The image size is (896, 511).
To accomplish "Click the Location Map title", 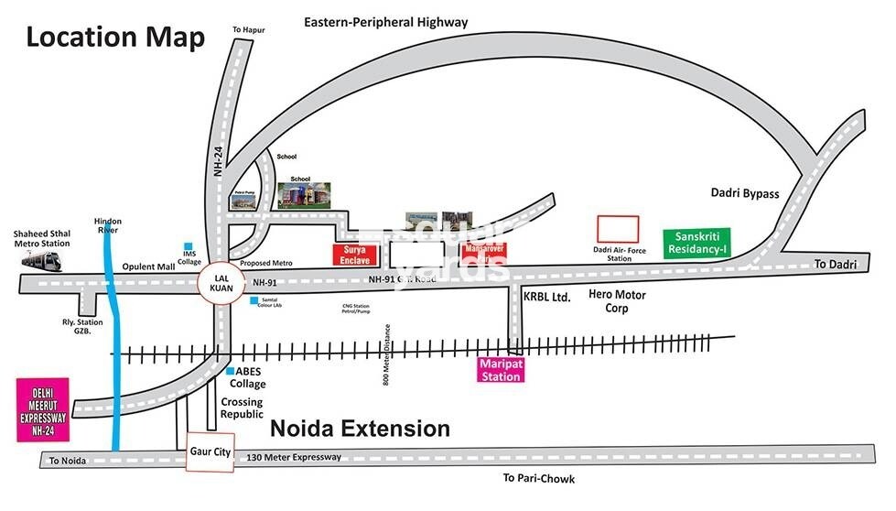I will click(115, 38).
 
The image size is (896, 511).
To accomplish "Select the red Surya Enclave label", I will click(353, 255).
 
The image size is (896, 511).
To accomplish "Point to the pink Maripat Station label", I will click(500, 370).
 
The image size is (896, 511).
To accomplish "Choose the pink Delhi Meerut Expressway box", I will click(43, 408).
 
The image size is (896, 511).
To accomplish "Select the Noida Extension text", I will click(360, 429).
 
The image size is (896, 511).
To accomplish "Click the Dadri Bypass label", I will click(744, 193).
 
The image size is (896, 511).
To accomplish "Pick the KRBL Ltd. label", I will click(547, 298).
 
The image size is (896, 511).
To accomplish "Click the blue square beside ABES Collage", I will click(230, 371).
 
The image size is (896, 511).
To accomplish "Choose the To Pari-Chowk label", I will click(538, 478).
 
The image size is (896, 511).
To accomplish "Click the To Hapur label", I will click(248, 30).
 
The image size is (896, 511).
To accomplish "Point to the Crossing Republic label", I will click(242, 408).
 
